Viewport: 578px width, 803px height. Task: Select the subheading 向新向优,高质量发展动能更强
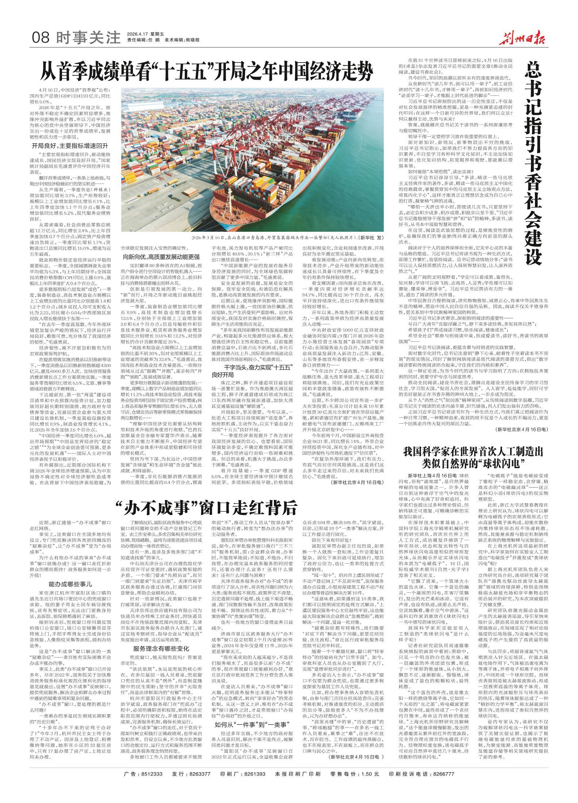coord(161,257)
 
